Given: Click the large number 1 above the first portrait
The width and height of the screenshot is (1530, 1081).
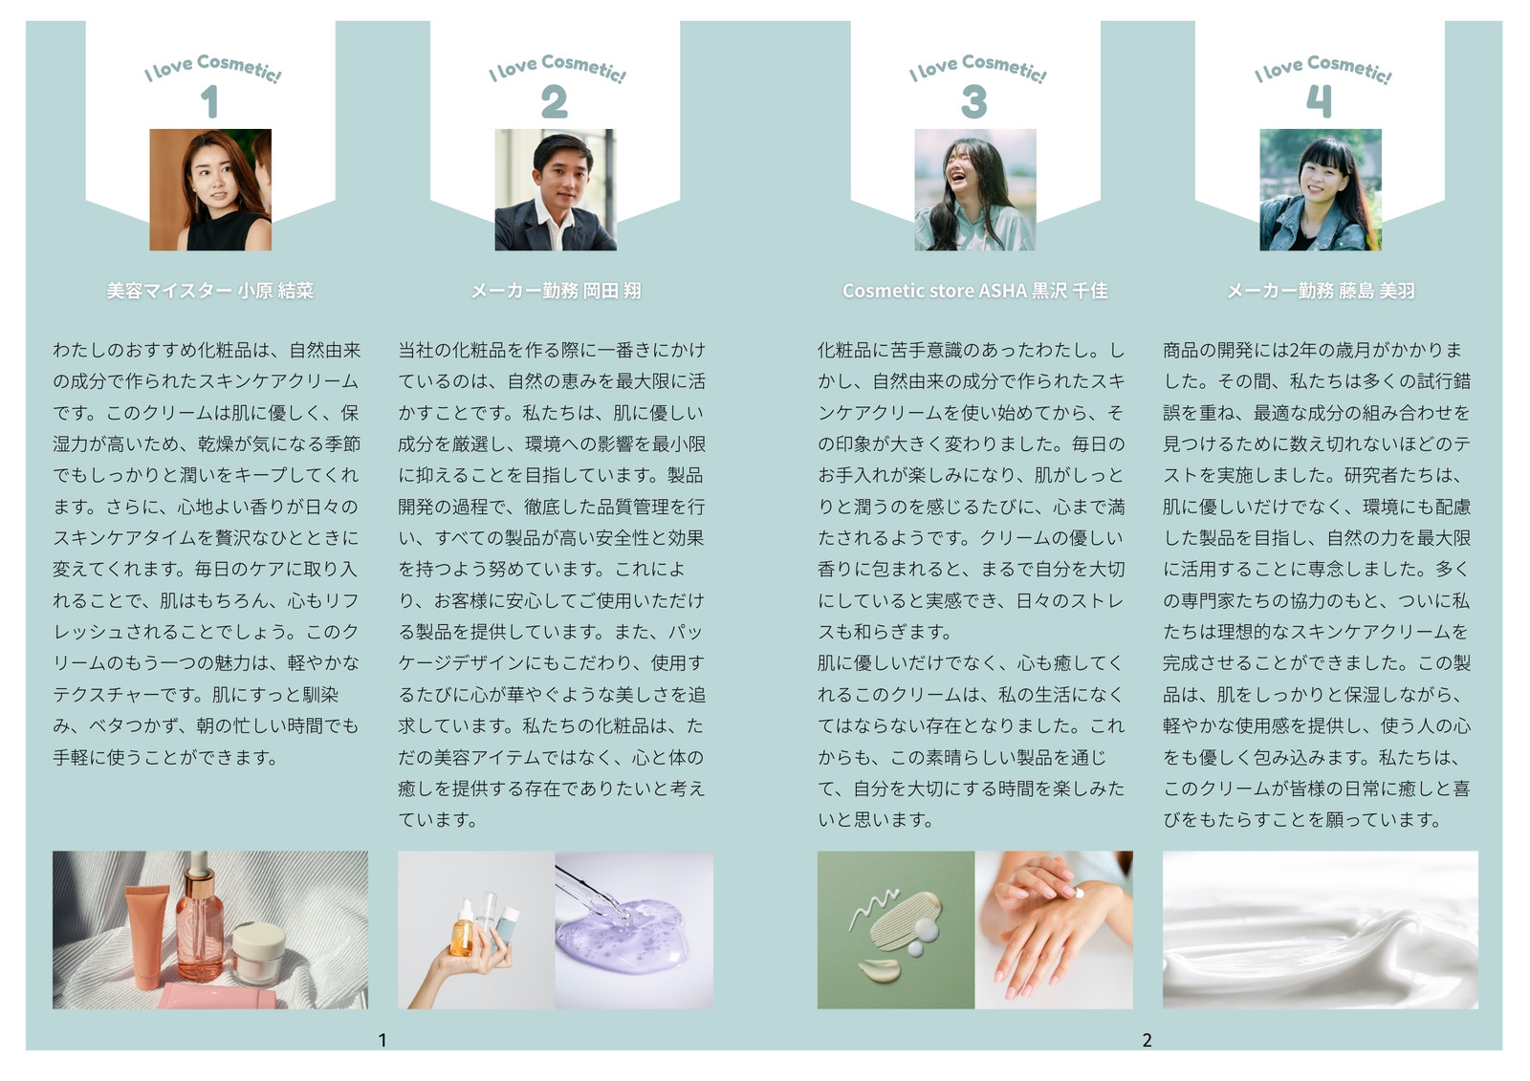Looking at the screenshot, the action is click(x=209, y=101).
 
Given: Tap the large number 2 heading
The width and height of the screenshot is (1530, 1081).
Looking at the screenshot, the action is click(x=554, y=101).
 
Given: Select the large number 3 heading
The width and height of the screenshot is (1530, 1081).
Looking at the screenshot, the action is click(x=974, y=101).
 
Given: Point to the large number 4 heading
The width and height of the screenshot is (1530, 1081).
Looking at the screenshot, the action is click(x=1319, y=101).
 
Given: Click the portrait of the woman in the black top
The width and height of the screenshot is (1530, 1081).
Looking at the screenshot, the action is click(x=210, y=190).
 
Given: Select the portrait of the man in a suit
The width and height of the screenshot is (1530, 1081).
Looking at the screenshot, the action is click(x=556, y=190).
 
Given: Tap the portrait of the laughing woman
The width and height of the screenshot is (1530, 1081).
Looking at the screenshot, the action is click(x=975, y=190).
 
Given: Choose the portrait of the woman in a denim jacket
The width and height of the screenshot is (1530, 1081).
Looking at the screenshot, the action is click(x=1321, y=190).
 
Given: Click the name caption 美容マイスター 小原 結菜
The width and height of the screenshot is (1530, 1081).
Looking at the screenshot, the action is click(x=210, y=291).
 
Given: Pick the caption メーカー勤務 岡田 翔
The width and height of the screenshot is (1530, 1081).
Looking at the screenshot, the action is click(x=556, y=291).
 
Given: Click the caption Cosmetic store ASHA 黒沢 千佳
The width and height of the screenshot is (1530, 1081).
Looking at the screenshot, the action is click(x=975, y=291).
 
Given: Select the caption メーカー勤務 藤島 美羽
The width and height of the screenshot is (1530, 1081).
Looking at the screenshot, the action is click(x=1321, y=291).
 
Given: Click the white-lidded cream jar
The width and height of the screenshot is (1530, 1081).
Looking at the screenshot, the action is click(x=257, y=953).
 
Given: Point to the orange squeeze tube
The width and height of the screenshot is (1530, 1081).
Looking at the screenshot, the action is click(x=148, y=937).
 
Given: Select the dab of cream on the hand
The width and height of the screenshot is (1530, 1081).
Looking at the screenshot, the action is click(x=1080, y=893).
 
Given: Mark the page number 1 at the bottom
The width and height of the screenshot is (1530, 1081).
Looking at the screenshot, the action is click(x=382, y=1040).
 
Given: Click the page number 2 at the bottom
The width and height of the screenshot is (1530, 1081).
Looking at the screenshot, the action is click(x=1147, y=1040).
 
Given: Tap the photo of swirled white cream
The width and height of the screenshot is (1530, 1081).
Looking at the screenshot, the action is click(x=1321, y=929).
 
